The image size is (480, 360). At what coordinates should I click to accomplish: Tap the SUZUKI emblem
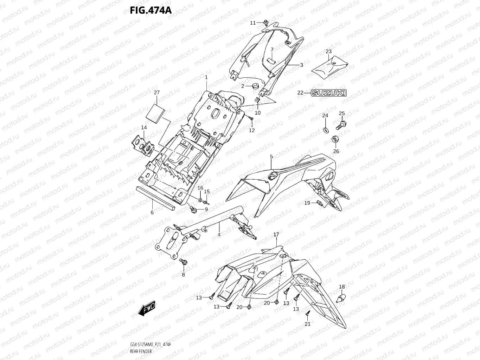[x=329, y=93]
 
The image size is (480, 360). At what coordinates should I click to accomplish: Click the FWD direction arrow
[x=147, y=308]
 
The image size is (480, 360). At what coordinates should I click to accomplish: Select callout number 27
[x=157, y=92]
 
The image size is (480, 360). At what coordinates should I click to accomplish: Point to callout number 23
[x=328, y=51]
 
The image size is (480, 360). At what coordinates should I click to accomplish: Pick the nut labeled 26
[x=335, y=140]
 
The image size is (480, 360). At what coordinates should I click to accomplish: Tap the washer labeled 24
[x=326, y=130]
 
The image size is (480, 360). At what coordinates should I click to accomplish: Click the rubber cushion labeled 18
[x=340, y=298]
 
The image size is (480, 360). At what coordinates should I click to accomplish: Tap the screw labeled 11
[x=266, y=23]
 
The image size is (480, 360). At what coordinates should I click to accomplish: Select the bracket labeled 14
[x=143, y=146]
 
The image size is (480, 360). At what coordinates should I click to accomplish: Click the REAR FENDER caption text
[x=141, y=352]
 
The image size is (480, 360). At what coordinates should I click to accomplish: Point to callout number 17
[x=276, y=234]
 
